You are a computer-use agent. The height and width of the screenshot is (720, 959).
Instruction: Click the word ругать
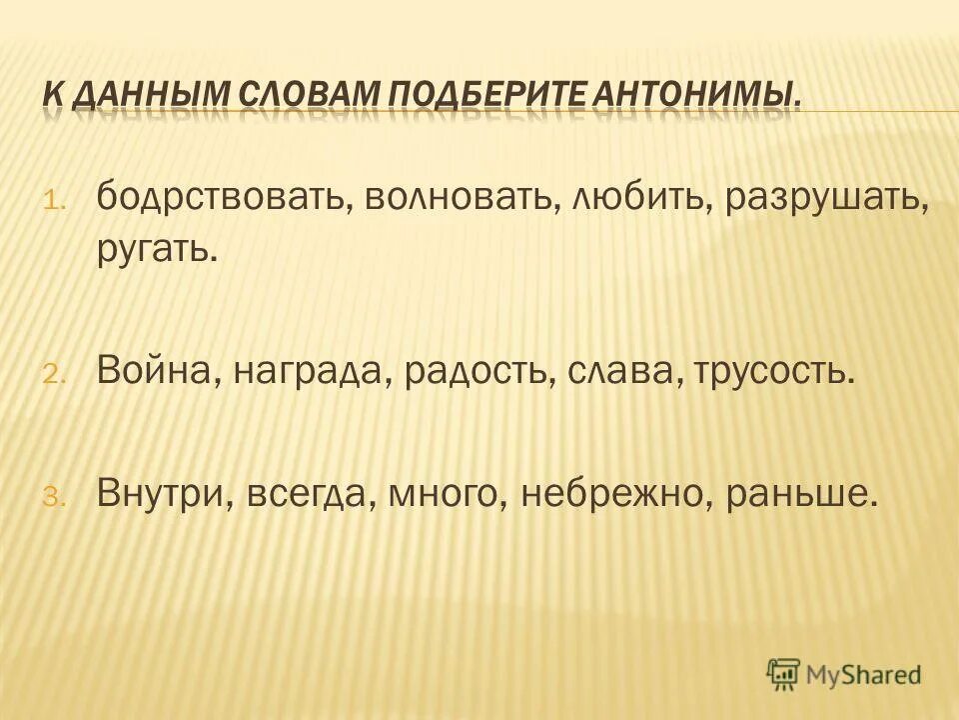tap(156, 248)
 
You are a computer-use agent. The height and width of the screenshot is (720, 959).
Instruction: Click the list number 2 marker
tap(52, 374)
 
